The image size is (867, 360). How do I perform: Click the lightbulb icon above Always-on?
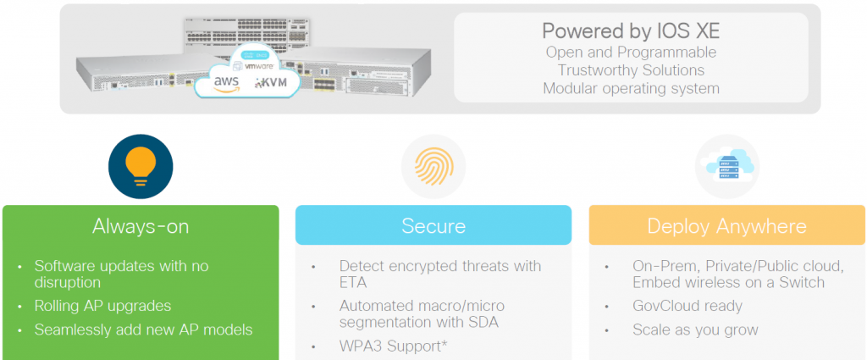[141, 167]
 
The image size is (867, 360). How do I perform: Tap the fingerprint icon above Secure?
[433, 166]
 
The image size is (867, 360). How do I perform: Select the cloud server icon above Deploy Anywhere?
[726, 166]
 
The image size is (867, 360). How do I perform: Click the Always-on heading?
[141, 226]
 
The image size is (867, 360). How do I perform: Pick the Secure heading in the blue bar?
[433, 226]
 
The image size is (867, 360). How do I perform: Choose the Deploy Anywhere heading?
[726, 226]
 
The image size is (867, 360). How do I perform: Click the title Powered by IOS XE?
[631, 31]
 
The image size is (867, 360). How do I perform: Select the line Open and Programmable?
[631, 53]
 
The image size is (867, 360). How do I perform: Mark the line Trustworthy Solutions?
[631, 70]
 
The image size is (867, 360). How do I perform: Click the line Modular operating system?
[631, 88]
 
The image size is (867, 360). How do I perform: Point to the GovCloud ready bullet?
[688, 306]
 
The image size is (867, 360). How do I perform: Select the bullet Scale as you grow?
[695, 330]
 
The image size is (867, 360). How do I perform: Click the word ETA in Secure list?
[354, 283]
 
